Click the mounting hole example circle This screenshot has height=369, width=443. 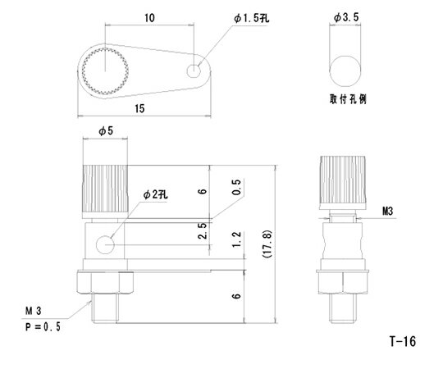click(345, 68)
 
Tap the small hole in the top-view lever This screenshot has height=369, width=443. click(194, 71)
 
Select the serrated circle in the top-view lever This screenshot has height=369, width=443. click(104, 71)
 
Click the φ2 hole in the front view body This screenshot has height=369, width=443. click(105, 244)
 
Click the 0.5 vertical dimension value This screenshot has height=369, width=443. click(238, 189)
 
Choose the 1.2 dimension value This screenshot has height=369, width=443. click(238, 240)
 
